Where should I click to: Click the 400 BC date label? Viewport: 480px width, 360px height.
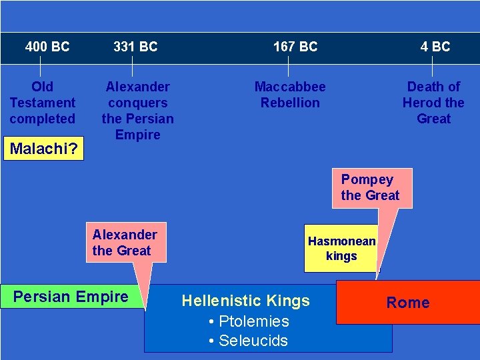pos(47,47)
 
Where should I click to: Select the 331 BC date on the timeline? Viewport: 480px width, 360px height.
pos(135,47)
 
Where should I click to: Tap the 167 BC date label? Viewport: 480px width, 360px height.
pos(295,47)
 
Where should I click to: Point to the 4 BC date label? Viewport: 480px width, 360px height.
pos(435,47)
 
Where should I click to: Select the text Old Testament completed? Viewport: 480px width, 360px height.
pos(43,103)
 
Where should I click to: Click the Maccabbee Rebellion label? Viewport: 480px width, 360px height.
pos(290,95)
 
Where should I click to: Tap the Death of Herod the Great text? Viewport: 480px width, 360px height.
pos(433,103)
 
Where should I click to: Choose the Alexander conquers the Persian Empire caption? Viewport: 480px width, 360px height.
pos(138,111)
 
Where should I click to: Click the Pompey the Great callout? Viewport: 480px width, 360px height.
pos(371,187)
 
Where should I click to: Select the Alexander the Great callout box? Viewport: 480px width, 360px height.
pos(125,243)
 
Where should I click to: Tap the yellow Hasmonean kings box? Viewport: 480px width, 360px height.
pos(341,249)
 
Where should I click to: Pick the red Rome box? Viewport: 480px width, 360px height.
pos(408,303)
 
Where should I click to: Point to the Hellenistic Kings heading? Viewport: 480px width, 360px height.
pos(246,301)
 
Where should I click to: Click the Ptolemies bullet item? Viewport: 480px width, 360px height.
pos(248,321)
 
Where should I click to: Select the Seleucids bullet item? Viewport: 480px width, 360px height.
pos(248,341)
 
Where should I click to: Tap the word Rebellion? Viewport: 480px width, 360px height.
pos(290,103)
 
